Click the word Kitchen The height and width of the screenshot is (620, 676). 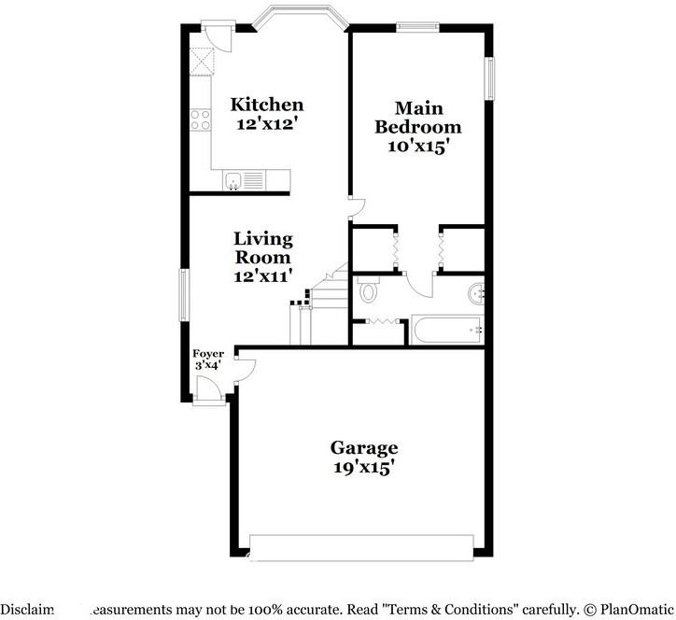[267, 105]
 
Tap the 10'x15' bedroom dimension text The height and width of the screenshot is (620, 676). [418, 146]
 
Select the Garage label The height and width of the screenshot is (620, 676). [363, 448]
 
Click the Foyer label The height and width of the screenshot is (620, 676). [207, 354]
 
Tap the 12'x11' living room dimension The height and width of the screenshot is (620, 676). [263, 275]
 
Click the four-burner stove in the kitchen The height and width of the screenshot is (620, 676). [200, 119]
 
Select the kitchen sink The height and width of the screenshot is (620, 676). [234, 180]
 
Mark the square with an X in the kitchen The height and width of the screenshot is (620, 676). [201, 61]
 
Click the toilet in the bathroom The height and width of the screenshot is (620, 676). [368, 292]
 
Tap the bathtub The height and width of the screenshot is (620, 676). [446, 330]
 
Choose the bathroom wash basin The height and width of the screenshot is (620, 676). [478, 294]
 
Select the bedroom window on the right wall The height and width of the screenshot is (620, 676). [487, 78]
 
